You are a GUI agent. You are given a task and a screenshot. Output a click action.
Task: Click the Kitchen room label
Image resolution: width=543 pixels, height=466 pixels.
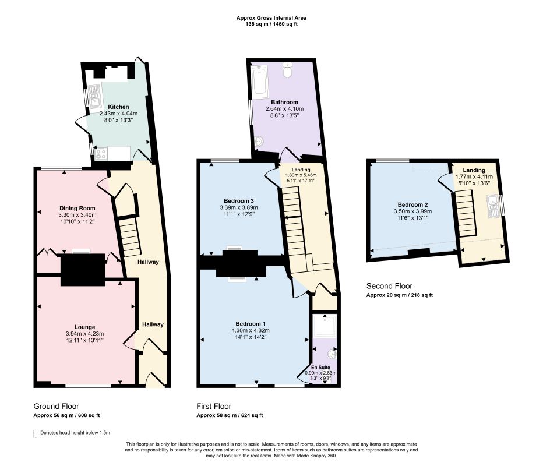pyautogui.click(x=118, y=107)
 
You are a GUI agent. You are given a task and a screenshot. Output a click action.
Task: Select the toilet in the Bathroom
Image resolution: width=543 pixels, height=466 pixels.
pyautogui.click(x=287, y=70)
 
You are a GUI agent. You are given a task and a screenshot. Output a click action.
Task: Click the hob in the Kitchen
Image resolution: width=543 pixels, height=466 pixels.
pyautogui.click(x=101, y=154)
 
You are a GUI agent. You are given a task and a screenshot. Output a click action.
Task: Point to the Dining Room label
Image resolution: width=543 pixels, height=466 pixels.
pyautogui.click(x=77, y=208)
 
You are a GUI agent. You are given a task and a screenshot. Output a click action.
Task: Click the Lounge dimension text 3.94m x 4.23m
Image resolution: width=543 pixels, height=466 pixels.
pyautogui.click(x=85, y=334)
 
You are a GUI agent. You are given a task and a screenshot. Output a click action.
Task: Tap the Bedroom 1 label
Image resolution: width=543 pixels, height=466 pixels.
pyautogui.click(x=251, y=324)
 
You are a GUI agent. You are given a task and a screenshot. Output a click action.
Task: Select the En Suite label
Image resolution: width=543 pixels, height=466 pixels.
pyautogui.click(x=320, y=368)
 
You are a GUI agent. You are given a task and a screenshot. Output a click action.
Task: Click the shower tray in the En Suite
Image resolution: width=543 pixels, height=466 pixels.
pyautogui.click(x=325, y=325)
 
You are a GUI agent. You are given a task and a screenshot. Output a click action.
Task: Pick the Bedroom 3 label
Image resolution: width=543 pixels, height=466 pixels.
pyautogui.click(x=239, y=201)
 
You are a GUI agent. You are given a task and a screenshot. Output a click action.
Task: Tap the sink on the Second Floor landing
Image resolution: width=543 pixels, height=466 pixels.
pyautogui.click(x=493, y=206)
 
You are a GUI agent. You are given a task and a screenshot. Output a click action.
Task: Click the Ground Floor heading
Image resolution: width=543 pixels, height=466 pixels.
pyautogui.click(x=56, y=406)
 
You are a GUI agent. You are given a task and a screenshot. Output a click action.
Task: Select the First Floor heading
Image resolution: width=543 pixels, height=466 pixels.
pyautogui.click(x=214, y=406)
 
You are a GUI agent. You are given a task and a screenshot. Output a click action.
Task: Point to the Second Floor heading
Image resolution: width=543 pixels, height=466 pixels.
pyautogui.click(x=389, y=286)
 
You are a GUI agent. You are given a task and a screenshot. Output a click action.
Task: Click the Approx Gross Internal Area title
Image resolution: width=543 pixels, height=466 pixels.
pyautogui.click(x=271, y=18)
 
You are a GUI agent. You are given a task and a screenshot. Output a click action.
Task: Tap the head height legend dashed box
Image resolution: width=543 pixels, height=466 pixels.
pyautogui.click(x=35, y=434)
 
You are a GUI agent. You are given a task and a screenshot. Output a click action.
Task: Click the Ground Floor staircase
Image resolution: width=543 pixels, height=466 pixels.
pyautogui.click(x=131, y=237)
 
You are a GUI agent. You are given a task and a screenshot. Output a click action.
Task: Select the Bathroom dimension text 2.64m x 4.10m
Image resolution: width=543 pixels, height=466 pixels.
pyautogui.click(x=284, y=109)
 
